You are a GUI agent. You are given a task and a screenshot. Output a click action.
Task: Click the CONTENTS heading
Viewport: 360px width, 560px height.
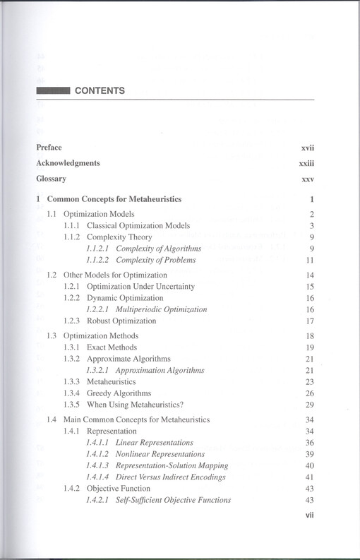coord(100,91)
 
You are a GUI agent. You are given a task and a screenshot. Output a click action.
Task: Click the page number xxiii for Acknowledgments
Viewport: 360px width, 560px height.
coord(306,163)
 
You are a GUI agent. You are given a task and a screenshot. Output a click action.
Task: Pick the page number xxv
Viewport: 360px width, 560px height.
coord(308,179)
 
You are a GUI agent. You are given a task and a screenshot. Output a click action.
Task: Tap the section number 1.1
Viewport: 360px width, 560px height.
coord(52,214)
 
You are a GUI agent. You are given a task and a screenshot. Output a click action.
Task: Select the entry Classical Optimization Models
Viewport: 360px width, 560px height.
coord(138,225)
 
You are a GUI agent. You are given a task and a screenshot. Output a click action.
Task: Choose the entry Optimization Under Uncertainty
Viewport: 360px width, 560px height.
coord(140,287)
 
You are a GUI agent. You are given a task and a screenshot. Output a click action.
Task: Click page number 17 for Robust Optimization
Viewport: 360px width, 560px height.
coord(309,321)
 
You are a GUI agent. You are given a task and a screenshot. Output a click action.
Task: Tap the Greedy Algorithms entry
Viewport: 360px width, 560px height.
coord(119,393)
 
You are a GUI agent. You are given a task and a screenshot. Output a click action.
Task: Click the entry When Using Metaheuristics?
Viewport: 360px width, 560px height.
coord(133,405)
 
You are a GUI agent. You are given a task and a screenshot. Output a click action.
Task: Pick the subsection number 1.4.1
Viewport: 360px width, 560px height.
coord(73,431)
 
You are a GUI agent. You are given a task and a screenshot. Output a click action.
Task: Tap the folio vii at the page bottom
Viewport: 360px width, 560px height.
coord(308,516)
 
